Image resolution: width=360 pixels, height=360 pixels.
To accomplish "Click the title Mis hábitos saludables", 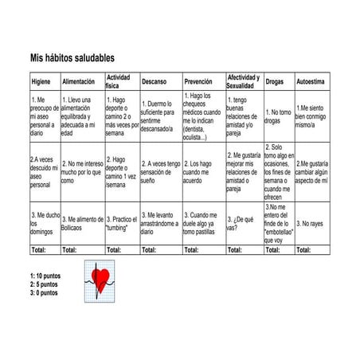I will pyautogui.click(x=72, y=58).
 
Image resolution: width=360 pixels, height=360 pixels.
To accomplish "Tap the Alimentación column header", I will pyautogui.click(x=78, y=81).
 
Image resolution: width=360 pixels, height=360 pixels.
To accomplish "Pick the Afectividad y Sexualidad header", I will pyautogui.click(x=243, y=81).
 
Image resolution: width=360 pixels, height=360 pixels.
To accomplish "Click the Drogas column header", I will pyautogui.click(x=275, y=81).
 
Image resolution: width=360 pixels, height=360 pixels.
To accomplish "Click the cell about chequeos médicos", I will pyautogui.click(x=202, y=116).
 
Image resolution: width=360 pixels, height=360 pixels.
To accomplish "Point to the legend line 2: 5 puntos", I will pyautogui.click(x=44, y=284).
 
